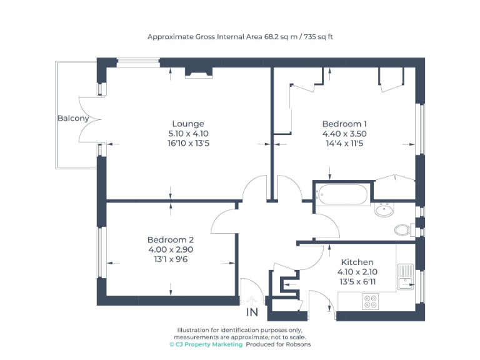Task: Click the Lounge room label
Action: click(188, 124)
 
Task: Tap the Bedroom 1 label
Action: click(344, 124)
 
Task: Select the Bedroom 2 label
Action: click(171, 240)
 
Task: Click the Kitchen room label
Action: click(357, 262)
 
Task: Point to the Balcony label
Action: click(73, 118)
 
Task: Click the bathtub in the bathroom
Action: click(342, 194)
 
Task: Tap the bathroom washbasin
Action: click(384, 210)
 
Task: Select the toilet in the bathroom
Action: click(404, 230)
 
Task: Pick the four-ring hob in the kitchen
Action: click(370, 301)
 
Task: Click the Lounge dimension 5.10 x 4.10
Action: click(188, 134)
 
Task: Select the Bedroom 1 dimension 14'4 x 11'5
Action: click(344, 144)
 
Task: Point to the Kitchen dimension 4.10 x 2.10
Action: click(357, 272)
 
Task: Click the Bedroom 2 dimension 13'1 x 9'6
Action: click(171, 260)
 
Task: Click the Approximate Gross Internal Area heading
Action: click(240, 37)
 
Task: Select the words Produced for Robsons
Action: click(278, 344)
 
